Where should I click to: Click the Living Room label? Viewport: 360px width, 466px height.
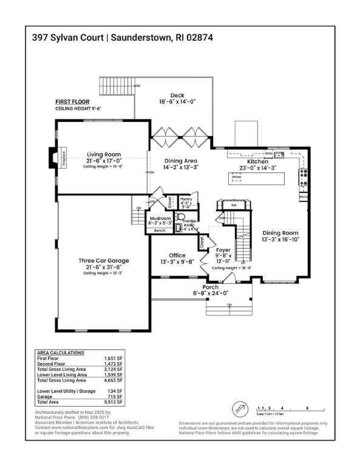pos(103,154)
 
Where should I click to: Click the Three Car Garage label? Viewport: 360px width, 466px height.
pos(103,261)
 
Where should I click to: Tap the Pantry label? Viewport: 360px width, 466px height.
pos(186,199)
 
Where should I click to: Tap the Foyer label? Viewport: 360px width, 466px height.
pos(222,249)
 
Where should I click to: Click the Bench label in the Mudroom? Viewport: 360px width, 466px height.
pos(160,231)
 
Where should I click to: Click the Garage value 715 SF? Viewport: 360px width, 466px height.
pos(115,397)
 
